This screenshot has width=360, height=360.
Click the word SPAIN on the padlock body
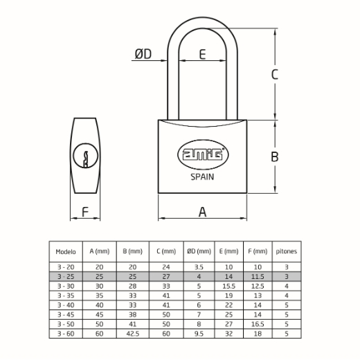[202, 177]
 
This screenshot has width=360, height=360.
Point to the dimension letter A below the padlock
[202, 212]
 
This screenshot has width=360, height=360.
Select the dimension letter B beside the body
[274, 156]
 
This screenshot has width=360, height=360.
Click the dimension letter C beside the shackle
[274, 74]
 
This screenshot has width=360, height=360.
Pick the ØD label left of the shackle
[143, 54]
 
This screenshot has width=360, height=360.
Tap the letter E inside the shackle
[202, 54]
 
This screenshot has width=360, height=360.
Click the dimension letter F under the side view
[85, 212]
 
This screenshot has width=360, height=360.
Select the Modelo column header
[66, 251]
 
